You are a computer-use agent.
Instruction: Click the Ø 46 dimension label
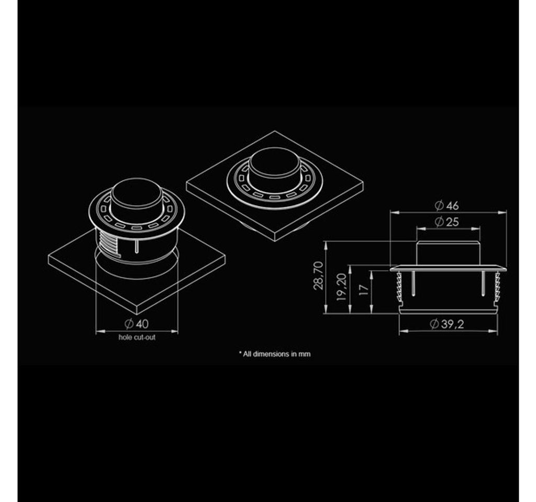pyautogui.click(x=447, y=205)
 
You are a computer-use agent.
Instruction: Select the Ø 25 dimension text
pyautogui.click(x=447, y=222)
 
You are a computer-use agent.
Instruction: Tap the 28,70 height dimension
pyautogui.click(x=318, y=276)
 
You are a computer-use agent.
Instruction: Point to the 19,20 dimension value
pyautogui.click(x=342, y=287)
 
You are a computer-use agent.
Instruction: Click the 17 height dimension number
pyautogui.click(x=365, y=290)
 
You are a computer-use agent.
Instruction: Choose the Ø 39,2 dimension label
pyautogui.click(x=447, y=324)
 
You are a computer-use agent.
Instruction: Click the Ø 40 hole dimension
pyautogui.click(x=137, y=323)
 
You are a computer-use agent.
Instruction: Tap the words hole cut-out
pyautogui.click(x=137, y=337)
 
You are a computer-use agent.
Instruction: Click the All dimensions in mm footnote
pyautogui.click(x=274, y=354)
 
